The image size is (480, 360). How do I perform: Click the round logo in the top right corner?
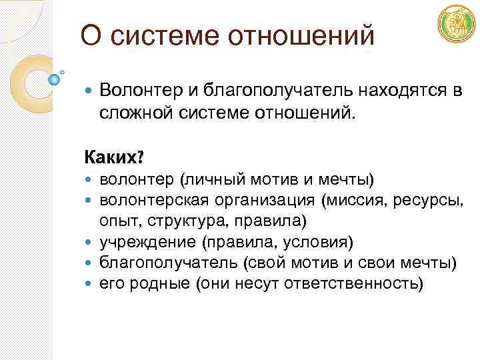coord(456,24)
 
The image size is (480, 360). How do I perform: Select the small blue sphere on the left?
coord(55,79)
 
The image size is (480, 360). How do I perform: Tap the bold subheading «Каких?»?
coord(114,158)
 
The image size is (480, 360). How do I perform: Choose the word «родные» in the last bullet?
coord(157,284)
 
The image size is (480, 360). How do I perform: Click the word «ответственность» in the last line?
coord(353,284)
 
